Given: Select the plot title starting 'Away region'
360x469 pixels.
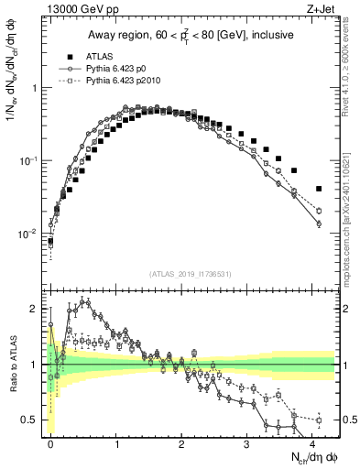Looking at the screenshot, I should click(191, 36).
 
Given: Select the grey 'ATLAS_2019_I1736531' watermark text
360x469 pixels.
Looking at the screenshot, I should click(191, 274).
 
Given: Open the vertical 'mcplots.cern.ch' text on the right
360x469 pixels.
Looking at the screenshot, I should click(352, 211).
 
